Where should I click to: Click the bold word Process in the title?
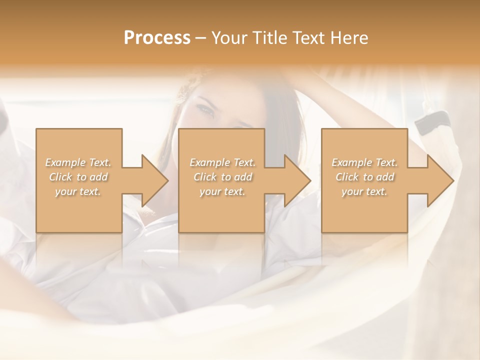point(157,38)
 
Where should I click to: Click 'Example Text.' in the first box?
point(78,162)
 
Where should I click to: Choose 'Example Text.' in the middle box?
point(222,162)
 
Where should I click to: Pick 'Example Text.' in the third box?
point(364,162)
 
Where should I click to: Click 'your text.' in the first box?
point(78,191)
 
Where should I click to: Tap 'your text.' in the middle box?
point(222,191)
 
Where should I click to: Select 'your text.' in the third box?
point(364,191)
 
